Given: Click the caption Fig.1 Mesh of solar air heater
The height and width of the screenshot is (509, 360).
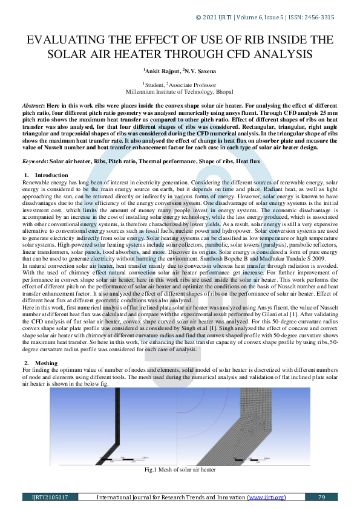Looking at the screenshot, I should coord(180,469).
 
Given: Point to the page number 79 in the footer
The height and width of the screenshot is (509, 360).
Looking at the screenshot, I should coord(321,498).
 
